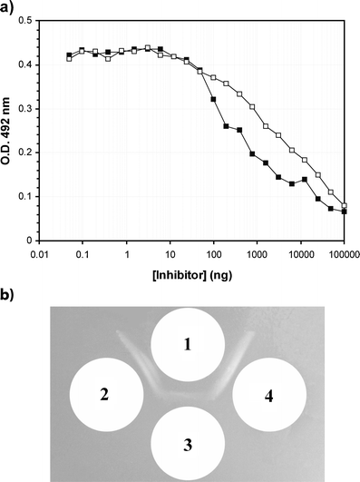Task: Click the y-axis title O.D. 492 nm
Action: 8,130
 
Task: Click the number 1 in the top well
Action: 187,345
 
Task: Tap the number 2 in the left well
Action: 106,395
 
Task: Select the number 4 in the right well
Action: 268,395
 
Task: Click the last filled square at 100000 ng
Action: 344,211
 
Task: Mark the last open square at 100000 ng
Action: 344,205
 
